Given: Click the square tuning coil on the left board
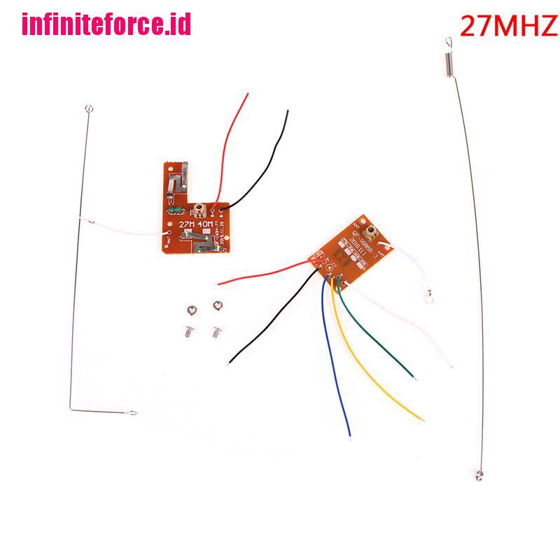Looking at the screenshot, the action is pyautogui.click(x=199, y=208).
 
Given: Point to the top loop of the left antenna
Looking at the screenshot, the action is pyautogui.click(x=87, y=108).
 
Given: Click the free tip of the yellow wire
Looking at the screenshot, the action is pyautogui.click(x=423, y=419).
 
